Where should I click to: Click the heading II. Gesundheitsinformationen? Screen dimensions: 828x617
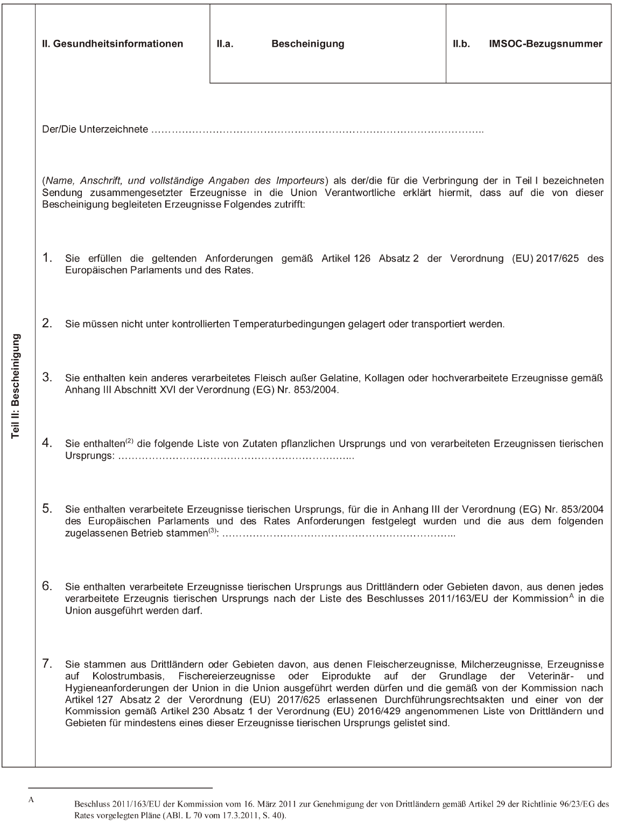click(x=113, y=44)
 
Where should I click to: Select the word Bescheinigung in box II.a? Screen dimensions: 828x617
click(x=307, y=44)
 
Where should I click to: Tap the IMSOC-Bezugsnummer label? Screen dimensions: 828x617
click(x=545, y=44)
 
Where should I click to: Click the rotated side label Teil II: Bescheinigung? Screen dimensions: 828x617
click(x=16, y=386)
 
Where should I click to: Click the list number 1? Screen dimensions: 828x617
click(x=47, y=257)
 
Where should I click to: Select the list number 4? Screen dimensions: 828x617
click(x=47, y=443)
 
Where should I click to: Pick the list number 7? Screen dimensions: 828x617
click(x=47, y=664)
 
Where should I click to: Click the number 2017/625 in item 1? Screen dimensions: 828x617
click(x=557, y=259)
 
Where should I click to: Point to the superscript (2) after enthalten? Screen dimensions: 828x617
click(x=129, y=441)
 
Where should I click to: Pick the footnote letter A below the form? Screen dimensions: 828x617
click(x=31, y=799)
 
